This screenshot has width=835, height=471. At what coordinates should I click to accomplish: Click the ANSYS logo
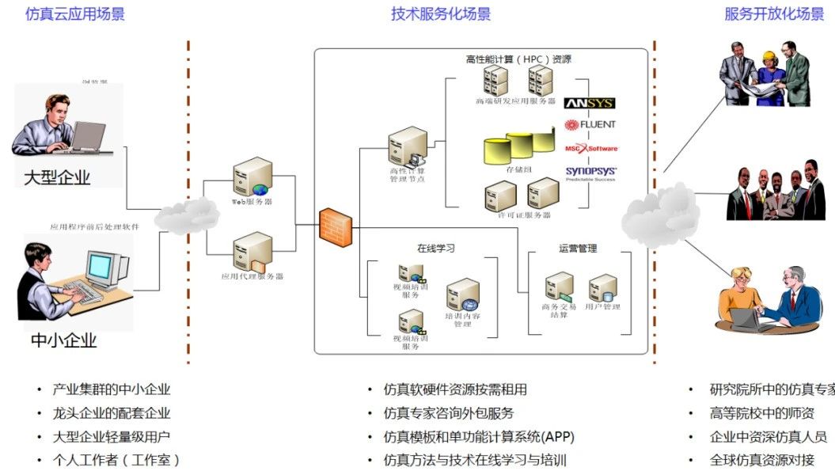589,103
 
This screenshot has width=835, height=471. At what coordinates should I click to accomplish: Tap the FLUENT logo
590,124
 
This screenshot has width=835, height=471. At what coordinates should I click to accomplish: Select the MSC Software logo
590,148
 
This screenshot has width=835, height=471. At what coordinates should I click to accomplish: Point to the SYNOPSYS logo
590,172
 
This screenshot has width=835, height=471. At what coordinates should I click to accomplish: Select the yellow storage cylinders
518,147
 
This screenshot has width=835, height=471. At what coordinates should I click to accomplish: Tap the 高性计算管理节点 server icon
407,146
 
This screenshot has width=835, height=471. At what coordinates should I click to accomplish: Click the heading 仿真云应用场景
75,14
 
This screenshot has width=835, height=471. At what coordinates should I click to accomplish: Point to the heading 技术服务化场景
441,14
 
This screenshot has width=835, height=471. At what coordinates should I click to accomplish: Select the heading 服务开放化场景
774,14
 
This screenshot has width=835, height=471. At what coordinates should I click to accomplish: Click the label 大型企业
57,177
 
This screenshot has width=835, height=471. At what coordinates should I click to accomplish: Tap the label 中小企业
63,341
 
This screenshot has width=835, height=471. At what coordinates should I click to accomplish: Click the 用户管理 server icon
602,288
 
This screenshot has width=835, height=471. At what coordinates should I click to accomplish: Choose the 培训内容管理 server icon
462,295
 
